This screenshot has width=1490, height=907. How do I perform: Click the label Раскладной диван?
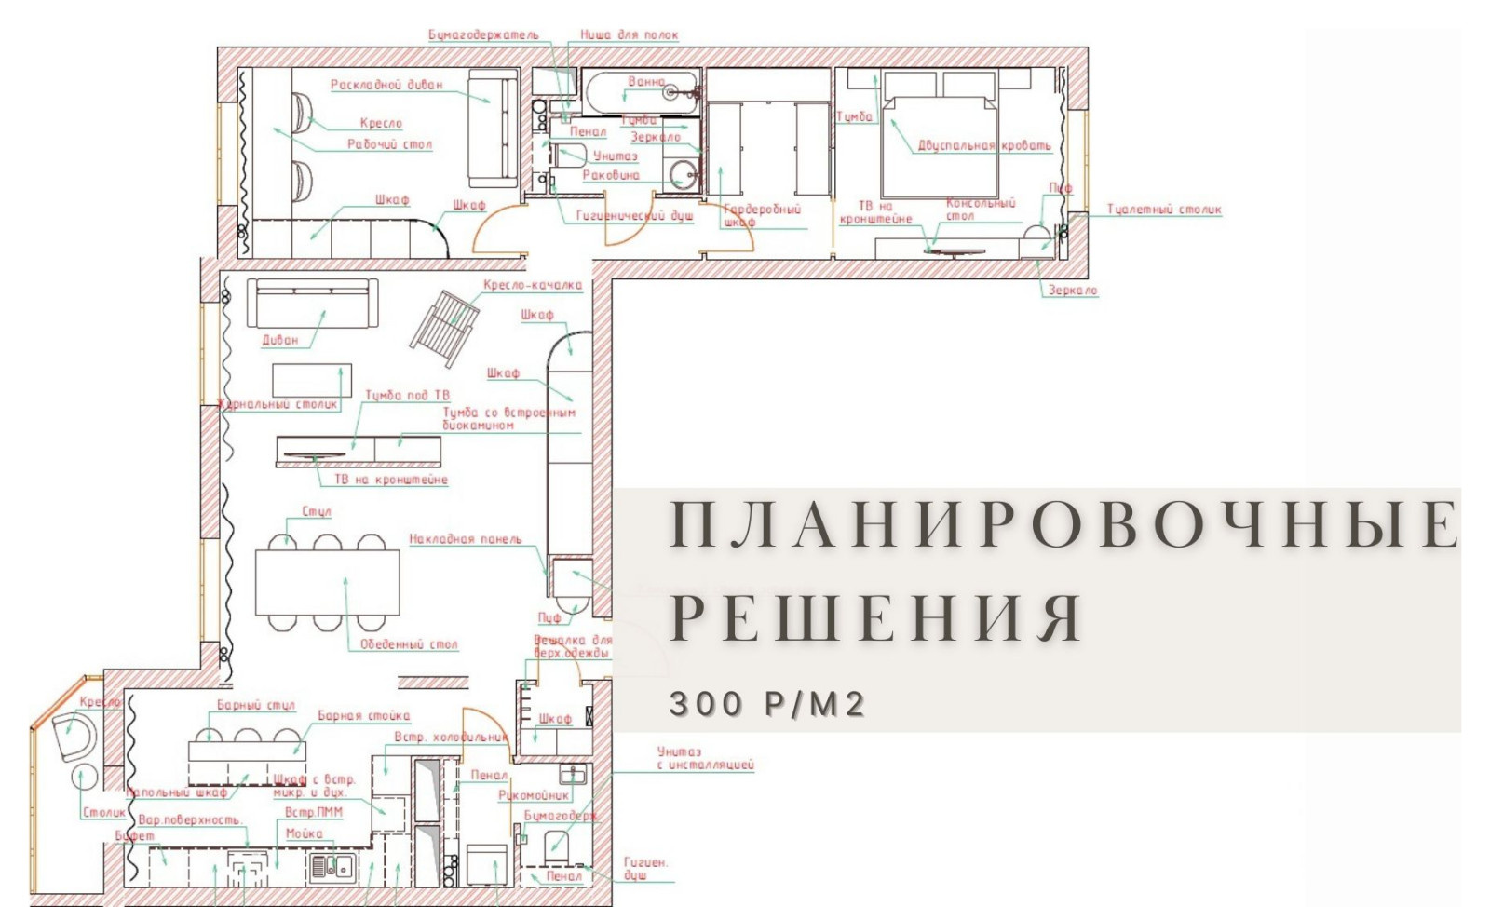(386, 85)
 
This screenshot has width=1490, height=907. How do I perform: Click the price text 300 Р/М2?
(767, 704)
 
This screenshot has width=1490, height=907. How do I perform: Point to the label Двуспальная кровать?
(983, 145)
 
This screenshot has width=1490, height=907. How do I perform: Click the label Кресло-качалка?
(533, 285)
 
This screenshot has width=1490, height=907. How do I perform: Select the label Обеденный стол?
(409, 644)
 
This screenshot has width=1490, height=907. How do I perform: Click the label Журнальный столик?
(278, 404)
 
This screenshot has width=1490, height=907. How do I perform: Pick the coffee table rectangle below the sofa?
(311, 380)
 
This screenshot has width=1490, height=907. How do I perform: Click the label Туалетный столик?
(1163, 210)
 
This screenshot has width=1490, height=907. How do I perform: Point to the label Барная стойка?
(363, 716)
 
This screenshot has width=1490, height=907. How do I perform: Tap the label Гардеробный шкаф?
(761, 215)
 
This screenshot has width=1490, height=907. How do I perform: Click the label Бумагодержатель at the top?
(483, 35)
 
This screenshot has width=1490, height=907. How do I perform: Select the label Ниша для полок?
(629, 35)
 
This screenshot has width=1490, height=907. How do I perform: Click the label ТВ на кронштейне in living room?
(391, 480)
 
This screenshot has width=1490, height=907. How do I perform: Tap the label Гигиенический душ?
(634, 216)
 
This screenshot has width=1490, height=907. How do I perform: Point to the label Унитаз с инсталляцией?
(704, 758)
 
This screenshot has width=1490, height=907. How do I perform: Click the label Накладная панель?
(466, 539)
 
